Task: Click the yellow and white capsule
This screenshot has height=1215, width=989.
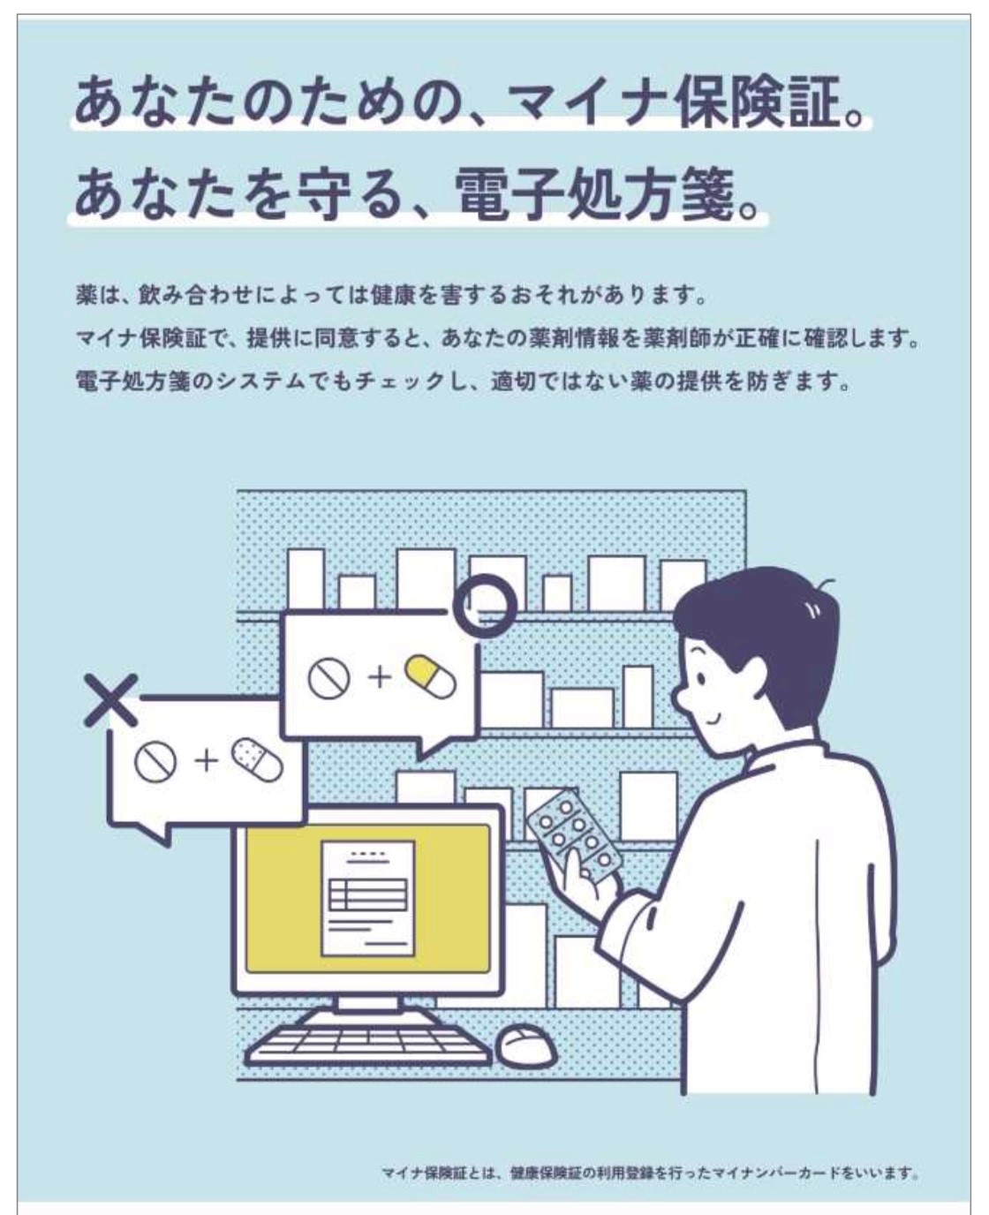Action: click(x=430, y=676)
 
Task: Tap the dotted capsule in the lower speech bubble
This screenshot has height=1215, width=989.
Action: click(x=257, y=759)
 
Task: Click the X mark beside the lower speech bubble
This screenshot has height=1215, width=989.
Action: click(x=111, y=700)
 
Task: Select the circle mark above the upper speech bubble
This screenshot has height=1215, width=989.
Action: click(x=486, y=606)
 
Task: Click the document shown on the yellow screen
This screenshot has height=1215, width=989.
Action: click(x=368, y=898)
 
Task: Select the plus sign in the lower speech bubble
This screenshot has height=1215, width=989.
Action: click(x=207, y=761)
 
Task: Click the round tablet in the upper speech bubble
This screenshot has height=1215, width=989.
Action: click(x=329, y=677)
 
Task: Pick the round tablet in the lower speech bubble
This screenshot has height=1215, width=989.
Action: click(x=155, y=761)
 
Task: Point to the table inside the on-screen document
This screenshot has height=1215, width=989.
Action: click(x=368, y=894)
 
